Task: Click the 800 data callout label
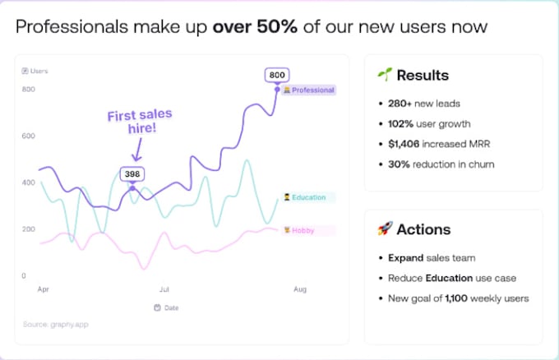click(277, 76)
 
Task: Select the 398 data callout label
click(132, 173)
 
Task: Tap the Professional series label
click(309, 90)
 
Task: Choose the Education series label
click(305, 197)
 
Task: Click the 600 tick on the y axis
click(29, 136)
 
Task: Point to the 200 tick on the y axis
click(29, 229)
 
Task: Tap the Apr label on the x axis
click(43, 290)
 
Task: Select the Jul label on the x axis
click(164, 290)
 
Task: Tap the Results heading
click(422, 76)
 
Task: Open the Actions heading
click(423, 229)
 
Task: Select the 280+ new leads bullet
click(424, 104)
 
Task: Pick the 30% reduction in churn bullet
click(441, 164)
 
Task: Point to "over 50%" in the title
click(254, 26)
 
